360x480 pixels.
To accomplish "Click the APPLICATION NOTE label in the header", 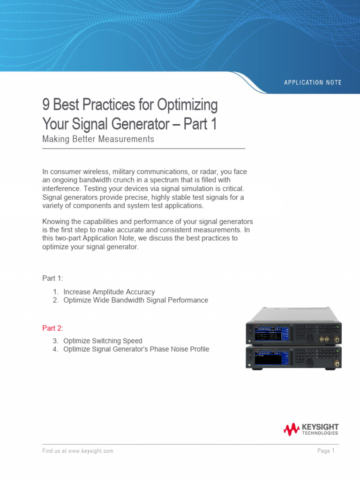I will coord(313,82).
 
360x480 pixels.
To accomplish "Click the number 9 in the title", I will coord(46,105).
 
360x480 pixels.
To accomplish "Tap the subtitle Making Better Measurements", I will coord(98,139).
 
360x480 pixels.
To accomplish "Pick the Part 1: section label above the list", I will coord(52,278).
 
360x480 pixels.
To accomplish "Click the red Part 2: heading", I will coord(52,328).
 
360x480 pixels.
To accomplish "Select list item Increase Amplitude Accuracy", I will coord(109,292).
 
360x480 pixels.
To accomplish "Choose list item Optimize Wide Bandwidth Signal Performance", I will coord(135,300).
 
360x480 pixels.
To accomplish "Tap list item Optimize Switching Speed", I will coord(103,341).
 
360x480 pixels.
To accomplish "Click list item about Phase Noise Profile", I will coord(136,349).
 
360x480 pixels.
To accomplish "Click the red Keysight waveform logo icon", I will coord(291,429).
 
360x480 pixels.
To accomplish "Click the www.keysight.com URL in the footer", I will coord(90,451).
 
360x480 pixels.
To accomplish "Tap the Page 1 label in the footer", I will coord(326,451).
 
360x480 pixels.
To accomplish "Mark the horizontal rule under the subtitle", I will coord(143,149).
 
